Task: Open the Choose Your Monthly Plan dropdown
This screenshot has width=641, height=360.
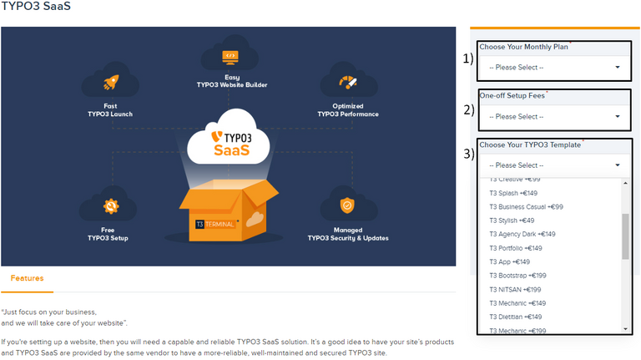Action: (x=554, y=67)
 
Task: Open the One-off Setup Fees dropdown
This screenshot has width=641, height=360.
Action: (x=554, y=116)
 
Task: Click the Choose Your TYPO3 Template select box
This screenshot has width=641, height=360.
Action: (x=554, y=165)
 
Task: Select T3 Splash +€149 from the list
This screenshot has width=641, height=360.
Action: (x=514, y=193)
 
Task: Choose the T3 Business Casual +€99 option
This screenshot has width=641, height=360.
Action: (x=526, y=206)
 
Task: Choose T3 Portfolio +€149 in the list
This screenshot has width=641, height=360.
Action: (x=515, y=248)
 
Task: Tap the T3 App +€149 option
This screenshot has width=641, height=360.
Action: (x=509, y=261)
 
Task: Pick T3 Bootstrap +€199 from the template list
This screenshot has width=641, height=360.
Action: (x=517, y=276)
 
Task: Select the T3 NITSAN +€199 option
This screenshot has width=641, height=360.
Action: (x=516, y=289)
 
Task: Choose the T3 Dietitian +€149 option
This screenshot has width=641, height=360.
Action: (x=515, y=317)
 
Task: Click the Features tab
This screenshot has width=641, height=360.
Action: (x=27, y=278)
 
